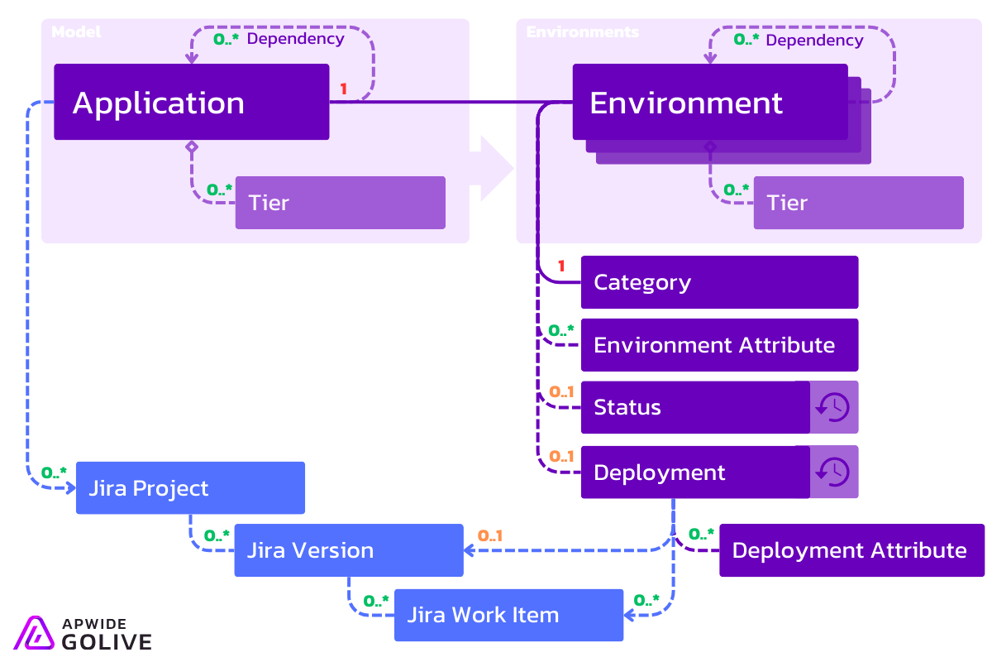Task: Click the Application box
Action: [191, 103]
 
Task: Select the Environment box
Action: [709, 103]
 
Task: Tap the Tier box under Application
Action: [340, 203]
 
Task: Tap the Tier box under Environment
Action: [858, 203]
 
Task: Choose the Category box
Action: [719, 282]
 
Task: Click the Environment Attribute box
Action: [719, 345]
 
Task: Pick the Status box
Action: [694, 407]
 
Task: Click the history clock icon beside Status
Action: [833, 407]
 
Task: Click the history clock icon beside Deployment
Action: [833, 472]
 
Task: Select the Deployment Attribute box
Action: [851, 550]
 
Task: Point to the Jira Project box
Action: [190, 488]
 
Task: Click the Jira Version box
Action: [348, 550]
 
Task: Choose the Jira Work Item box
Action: [508, 615]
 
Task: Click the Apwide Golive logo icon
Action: [34, 632]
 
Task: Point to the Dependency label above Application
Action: [295, 38]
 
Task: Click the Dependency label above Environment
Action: [814, 40]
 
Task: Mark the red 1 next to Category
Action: [561, 266]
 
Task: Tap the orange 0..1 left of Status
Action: [561, 391]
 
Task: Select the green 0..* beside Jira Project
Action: [54, 473]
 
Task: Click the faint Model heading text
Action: [76, 32]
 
